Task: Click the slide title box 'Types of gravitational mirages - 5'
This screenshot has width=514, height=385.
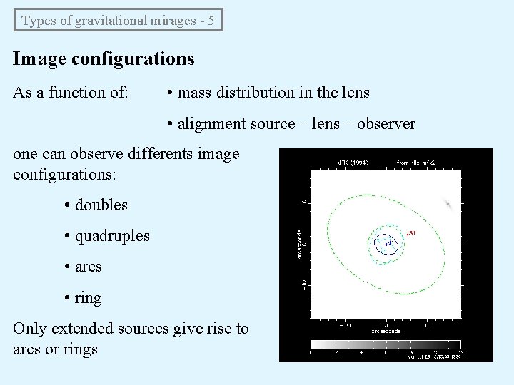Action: (119, 20)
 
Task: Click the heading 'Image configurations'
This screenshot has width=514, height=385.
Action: (104, 58)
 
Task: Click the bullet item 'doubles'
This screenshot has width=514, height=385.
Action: (101, 205)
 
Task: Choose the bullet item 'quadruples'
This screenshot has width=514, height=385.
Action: (112, 236)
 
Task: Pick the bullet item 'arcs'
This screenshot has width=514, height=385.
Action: (89, 267)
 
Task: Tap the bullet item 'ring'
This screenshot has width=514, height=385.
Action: (88, 298)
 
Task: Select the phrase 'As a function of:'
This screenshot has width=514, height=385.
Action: (71, 93)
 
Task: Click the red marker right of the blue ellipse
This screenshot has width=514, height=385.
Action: (410, 233)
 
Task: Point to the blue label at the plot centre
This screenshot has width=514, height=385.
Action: (388, 244)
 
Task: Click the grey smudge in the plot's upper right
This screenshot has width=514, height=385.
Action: (448, 204)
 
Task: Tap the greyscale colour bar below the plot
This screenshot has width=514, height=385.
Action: (385, 344)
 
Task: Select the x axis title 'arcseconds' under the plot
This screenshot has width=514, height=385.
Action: (385, 332)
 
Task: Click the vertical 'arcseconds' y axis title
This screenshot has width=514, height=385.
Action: (300, 244)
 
